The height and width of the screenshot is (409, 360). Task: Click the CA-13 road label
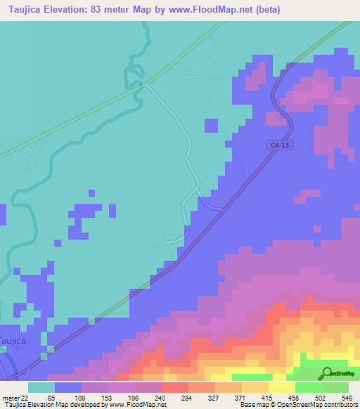279,145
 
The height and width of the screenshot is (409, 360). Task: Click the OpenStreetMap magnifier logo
327,373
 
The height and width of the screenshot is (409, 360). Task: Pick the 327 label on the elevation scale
228,397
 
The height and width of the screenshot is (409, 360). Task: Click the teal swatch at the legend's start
41,387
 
